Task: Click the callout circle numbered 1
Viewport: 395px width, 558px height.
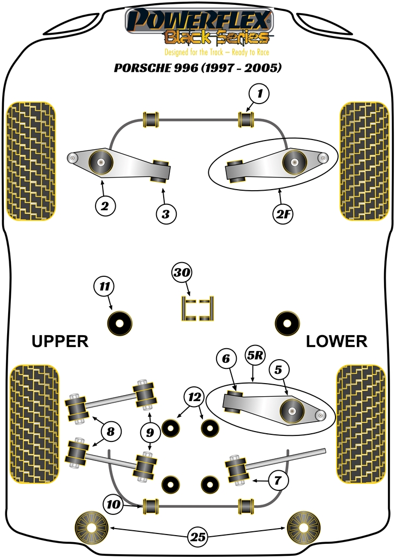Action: (x=260, y=94)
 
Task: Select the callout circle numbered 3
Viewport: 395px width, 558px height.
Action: (x=166, y=214)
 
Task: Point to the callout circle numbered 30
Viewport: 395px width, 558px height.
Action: (x=183, y=273)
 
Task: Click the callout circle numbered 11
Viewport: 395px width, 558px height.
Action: (x=104, y=286)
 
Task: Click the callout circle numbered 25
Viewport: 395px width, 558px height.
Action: (x=199, y=537)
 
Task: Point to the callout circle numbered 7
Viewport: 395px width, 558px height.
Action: (x=277, y=481)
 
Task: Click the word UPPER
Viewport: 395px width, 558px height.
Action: (x=60, y=342)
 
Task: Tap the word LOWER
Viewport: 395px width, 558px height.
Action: (x=336, y=342)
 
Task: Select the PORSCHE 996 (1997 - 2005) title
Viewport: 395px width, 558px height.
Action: (x=197, y=68)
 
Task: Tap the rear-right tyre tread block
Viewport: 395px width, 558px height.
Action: (x=362, y=424)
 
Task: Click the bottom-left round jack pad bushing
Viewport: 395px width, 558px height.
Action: (x=90, y=528)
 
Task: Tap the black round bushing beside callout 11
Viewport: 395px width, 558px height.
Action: (x=120, y=323)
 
